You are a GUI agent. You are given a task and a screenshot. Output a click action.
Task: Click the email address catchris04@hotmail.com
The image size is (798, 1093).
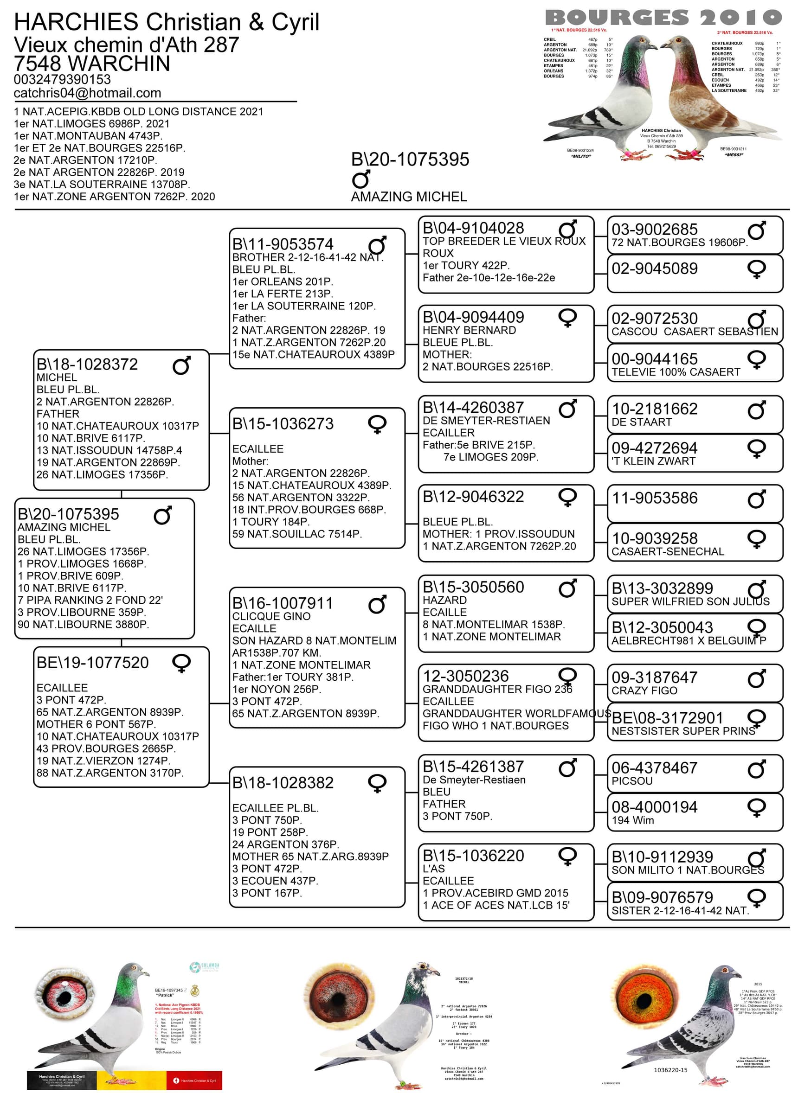point(87,93)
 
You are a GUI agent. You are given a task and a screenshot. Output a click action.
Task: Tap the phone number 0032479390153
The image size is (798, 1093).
point(62,79)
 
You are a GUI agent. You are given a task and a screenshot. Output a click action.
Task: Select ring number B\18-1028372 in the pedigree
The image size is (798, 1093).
point(87,364)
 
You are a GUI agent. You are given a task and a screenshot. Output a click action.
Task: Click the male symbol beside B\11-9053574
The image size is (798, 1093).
point(377,245)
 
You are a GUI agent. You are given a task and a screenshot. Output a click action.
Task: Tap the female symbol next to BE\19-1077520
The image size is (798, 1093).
point(181,663)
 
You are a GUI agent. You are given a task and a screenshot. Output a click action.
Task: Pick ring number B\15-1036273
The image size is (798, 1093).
point(283,424)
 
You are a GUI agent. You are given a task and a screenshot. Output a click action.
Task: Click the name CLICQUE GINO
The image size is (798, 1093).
point(271,616)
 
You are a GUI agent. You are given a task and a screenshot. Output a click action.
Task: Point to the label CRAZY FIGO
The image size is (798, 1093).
point(644,691)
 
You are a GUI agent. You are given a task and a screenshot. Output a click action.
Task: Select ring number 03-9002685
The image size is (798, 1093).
point(655,229)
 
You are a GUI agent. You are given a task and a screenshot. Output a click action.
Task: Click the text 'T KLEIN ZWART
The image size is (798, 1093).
point(654,461)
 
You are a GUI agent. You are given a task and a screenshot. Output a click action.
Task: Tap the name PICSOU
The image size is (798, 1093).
point(632,781)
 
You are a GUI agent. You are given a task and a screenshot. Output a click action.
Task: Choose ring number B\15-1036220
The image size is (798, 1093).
point(473,856)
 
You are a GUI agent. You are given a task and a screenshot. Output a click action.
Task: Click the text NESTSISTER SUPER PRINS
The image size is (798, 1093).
point(683,731)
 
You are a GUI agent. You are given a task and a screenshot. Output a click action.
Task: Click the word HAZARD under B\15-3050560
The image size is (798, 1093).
point(445,600)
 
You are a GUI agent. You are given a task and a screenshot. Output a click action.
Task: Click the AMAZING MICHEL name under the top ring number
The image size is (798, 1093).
point(409,197)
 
